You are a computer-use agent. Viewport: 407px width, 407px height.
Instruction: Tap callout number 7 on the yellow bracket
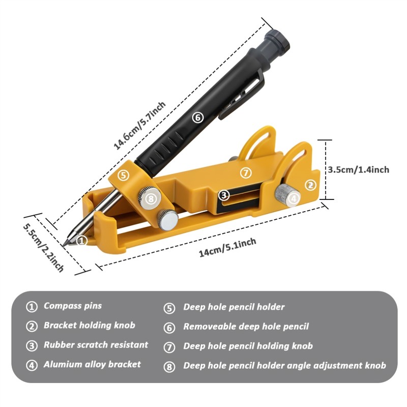(246, 173)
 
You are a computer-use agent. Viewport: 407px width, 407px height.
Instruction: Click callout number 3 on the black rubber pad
(223, 195)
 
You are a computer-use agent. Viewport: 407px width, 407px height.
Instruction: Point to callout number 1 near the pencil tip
(83, 240)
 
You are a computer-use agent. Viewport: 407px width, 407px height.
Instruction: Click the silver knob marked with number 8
(150, 199)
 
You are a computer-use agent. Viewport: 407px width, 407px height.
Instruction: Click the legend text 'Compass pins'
(73, 306)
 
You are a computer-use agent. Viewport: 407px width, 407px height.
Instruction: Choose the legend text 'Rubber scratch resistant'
(96, 345)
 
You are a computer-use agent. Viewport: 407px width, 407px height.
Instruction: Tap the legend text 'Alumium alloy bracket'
(92, 364)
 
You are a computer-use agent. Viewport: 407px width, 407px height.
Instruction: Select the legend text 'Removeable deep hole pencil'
(246, 327)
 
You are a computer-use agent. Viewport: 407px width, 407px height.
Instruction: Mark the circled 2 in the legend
(32, 326)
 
